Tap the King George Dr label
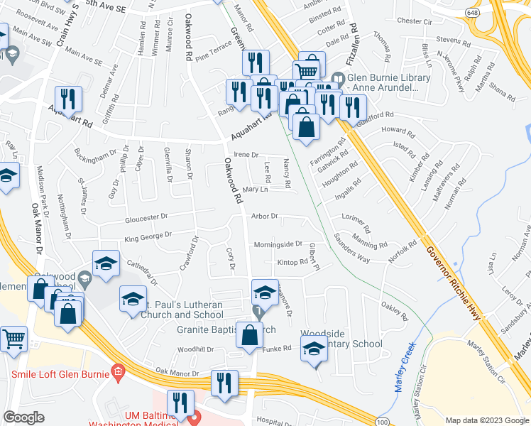(148, 235)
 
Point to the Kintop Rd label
(292, 262)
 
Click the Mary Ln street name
(255, 190)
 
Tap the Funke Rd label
(278, 348)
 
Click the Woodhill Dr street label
(195, 349)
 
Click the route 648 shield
(472, 13)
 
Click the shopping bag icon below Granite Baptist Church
(249, 336)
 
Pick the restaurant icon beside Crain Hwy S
(68, 99)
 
